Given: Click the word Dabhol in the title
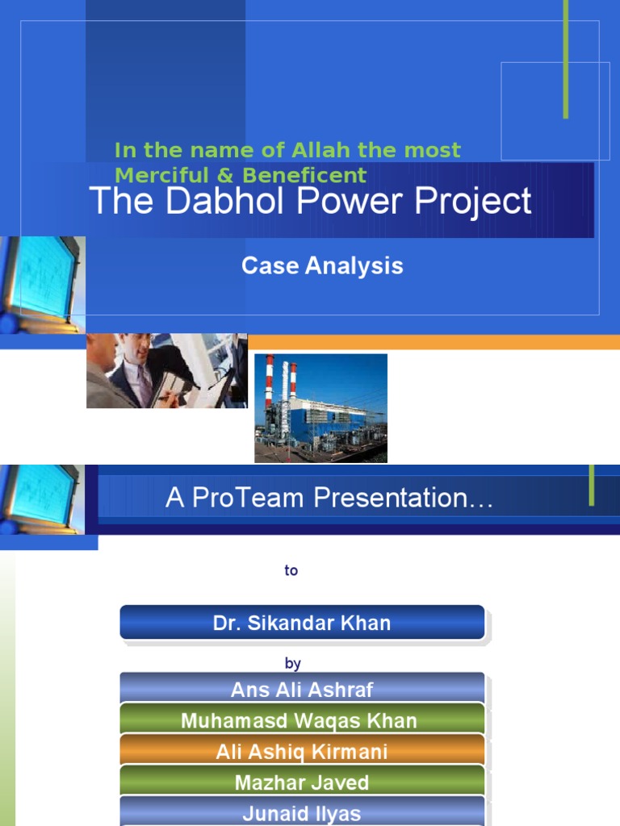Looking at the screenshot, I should [204, 201].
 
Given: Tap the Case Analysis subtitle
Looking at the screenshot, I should [322, 266].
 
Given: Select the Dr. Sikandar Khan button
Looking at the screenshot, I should [302, 623].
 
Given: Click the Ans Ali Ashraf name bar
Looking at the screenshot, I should [302, 689].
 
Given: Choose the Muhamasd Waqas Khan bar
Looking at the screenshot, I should [302, 720].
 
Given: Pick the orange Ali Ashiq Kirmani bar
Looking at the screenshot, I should [302, 752].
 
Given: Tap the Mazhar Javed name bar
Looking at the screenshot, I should [302, 782].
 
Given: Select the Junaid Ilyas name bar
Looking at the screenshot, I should [302, 813].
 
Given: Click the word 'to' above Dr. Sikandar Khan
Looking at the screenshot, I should [291, 570].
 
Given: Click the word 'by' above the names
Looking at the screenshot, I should [292, 664].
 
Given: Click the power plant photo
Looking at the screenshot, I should [320, 409].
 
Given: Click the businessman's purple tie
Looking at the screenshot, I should [144, 384].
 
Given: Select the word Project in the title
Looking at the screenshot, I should [473, 201].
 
